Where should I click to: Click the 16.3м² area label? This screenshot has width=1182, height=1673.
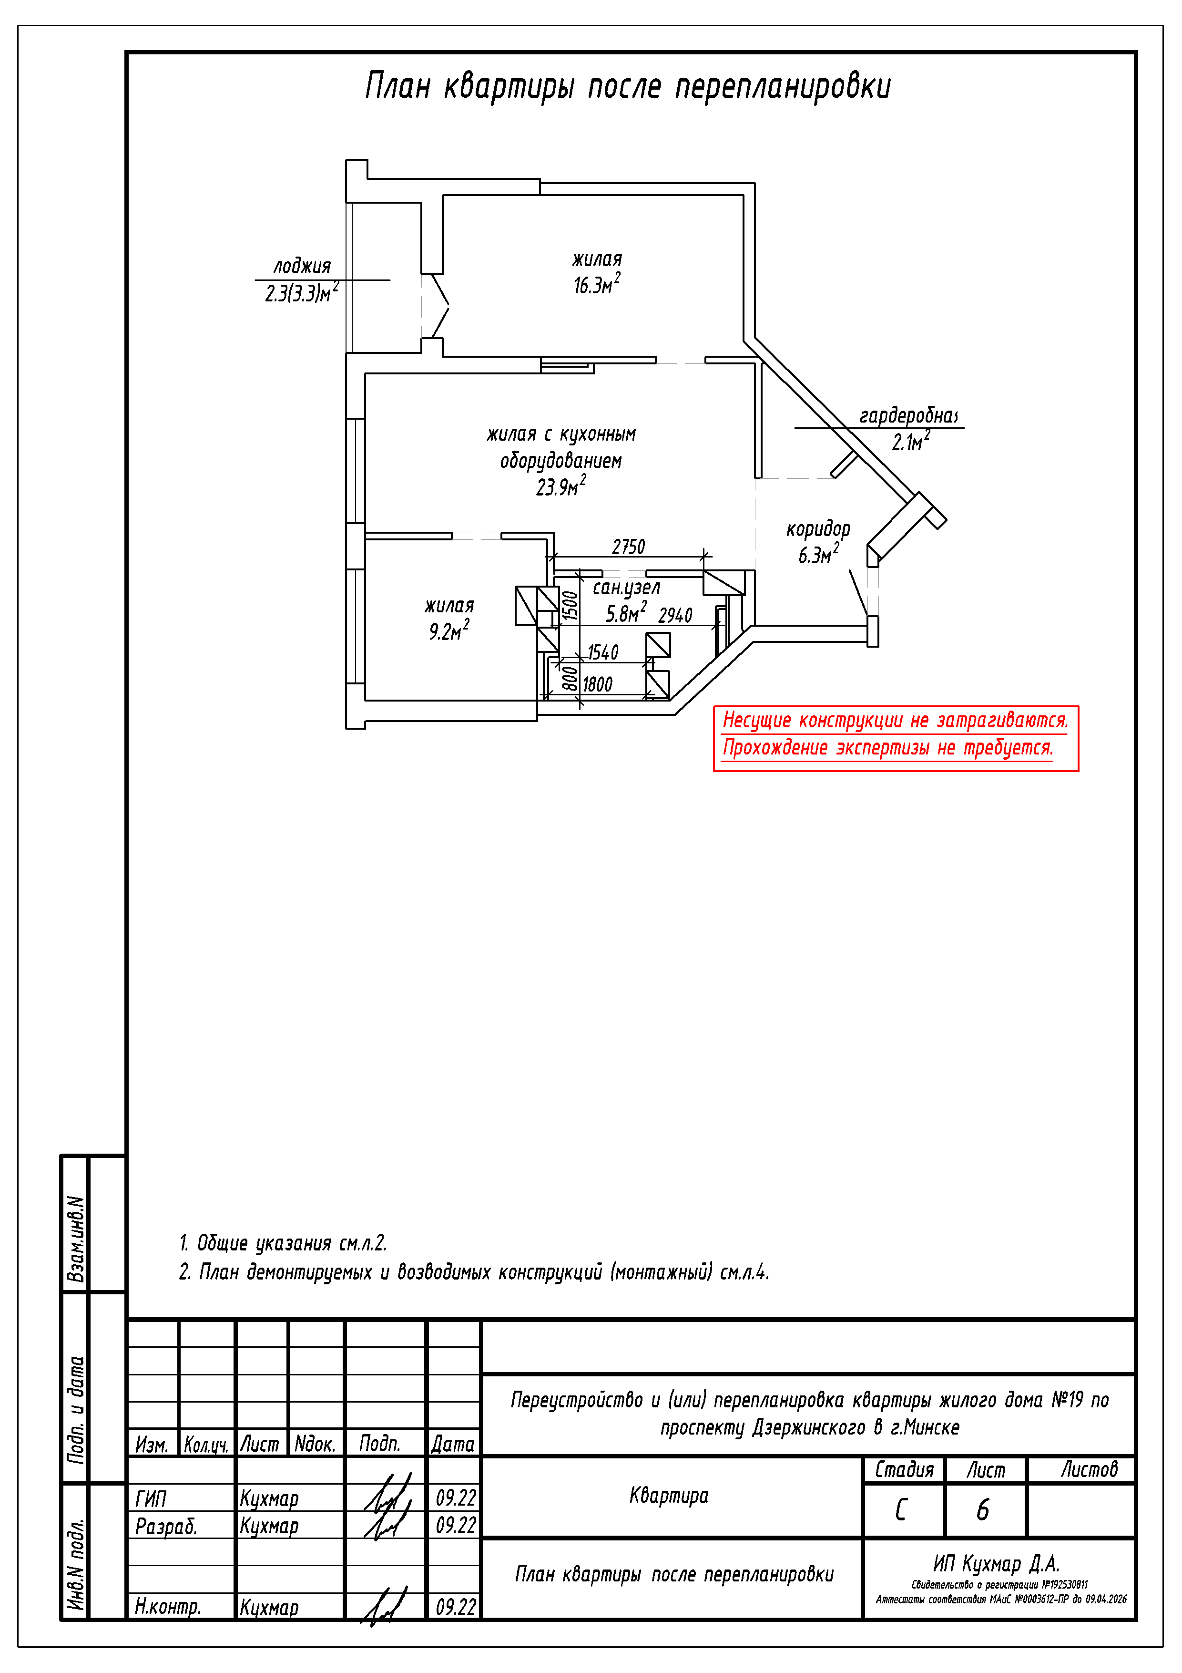(x=596, y=285)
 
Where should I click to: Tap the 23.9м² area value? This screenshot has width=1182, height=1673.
(x=561, y=487)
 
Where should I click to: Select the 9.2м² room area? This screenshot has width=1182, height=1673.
(x=448, y=631)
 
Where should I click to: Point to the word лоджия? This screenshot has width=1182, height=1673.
(x=302, y=266)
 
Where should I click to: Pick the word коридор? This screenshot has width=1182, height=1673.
(x=818, y=529)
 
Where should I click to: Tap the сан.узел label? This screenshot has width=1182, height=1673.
(x=626, y=588)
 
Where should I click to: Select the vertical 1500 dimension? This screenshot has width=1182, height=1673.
(x=570, y=606)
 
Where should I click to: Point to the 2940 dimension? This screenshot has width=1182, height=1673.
(x=675, y=616)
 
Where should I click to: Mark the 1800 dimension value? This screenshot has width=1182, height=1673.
(x=597, y=684)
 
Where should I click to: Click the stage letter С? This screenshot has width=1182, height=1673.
(x=902, y=1510)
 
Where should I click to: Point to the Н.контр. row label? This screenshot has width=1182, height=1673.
(x=167, y=1607)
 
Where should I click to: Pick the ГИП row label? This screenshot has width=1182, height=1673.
(x=151, y=1499)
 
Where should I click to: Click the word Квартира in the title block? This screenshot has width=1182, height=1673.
(x=669, y=1496)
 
